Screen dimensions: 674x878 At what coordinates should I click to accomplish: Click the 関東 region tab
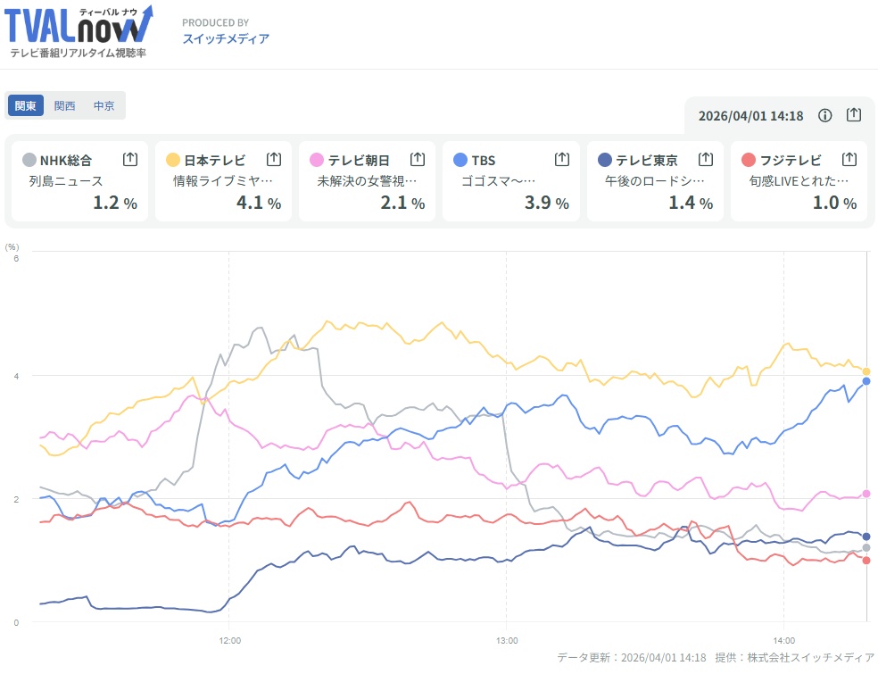(x=26, y=105)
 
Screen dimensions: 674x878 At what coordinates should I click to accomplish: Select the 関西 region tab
(x=65, y=105)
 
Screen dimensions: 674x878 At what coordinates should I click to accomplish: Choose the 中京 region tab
(x=104, y=105)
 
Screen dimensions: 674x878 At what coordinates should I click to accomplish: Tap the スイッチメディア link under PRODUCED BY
(x=225, y=38)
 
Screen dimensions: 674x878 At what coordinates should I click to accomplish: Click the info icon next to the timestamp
(x=825, y=115)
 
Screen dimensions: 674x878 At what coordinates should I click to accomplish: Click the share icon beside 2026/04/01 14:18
(x=854, y=115)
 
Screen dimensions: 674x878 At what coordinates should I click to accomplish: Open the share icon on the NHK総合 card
(x=130, y=160)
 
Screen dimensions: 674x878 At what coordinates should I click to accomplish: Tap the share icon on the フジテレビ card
(x=849, y=160)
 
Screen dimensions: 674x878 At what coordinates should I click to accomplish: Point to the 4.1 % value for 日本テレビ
(x=259, y=203)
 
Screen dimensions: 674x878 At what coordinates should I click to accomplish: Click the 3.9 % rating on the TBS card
(x=546, y=203)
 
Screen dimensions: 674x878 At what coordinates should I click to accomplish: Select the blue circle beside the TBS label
(x=460, y=160)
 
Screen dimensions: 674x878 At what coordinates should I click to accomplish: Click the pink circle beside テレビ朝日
(x=317, y=160)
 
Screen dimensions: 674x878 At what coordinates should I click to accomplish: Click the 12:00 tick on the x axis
(x=229, y=640)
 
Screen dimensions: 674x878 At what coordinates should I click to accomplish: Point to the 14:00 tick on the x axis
(x=783, y=640)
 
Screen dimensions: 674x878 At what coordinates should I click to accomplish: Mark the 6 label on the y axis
(x=15, y=258)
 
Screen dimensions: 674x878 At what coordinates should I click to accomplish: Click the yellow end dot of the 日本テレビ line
(x=866, y=371)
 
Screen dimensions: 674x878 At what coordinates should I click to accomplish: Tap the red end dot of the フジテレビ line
(x=866, y=561)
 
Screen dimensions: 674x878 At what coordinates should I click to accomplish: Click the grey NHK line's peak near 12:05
(x=259, y=328)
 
